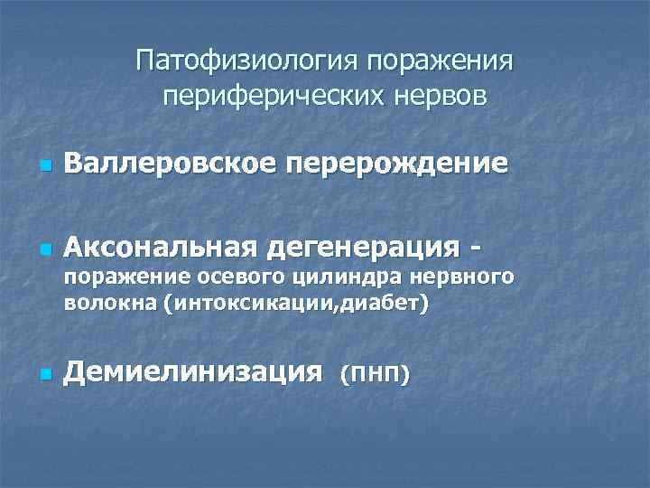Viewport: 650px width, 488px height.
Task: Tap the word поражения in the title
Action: coord(442,62)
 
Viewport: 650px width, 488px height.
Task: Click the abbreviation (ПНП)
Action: coord(374,372)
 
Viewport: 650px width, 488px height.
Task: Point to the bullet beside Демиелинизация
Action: coord(42,374)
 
